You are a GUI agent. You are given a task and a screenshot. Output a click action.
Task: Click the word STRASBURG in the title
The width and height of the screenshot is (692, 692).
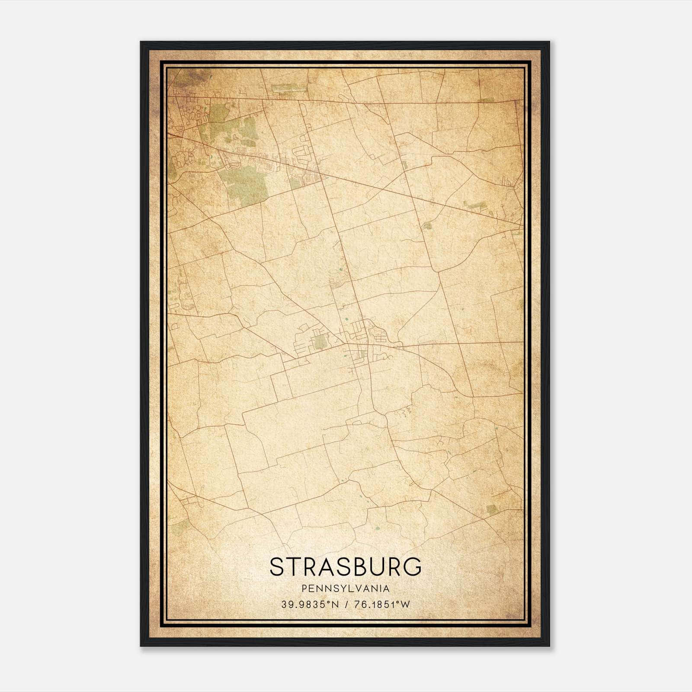click(x=346, y=567)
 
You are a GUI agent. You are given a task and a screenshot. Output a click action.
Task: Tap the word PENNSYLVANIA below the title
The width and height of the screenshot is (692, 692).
click(x=346, y=589)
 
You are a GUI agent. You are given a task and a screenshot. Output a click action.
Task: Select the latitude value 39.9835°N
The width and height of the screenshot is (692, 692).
click(x=310, y=605)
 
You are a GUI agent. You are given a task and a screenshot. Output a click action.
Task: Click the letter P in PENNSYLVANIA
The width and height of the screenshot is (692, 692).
click(x=305, y=589)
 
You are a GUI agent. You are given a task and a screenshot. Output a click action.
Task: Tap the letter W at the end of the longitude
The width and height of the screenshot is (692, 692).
click(x=404, y=605)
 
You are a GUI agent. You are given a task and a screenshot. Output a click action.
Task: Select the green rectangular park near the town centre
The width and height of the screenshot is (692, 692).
click(x=320, y=342)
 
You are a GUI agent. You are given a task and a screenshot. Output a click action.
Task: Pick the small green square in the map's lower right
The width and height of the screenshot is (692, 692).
click(x=490, y=509)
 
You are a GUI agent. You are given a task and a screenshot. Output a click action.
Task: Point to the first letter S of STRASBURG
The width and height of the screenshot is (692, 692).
click(x=277, y=567)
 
